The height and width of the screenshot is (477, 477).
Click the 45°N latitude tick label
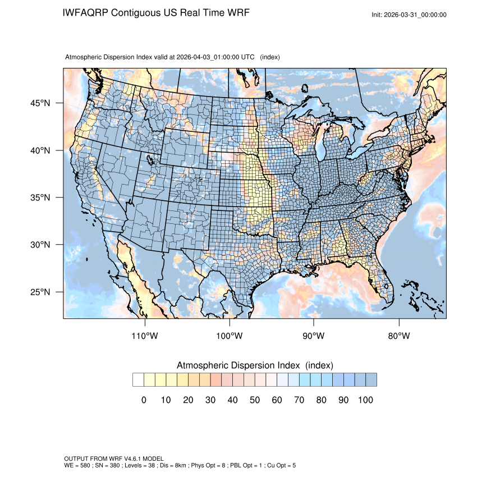point(40,103)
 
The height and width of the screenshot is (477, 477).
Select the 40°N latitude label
point(40,150)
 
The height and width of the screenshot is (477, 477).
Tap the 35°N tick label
point(40,198)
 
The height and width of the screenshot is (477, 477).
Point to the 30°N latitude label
point(40,245)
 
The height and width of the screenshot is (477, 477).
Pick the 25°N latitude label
point(40,292)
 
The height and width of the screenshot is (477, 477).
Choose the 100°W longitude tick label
point(230,336)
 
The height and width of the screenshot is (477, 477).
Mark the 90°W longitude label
point(314,336)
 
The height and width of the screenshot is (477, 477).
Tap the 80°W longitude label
point(398,336)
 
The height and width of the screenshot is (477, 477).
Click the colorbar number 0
point(144,400)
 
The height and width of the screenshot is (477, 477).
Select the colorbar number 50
point(255,400)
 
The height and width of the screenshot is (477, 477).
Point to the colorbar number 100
point(365,400)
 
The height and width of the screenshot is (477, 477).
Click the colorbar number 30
point(210,400)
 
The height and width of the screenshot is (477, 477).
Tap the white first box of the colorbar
point(138,380)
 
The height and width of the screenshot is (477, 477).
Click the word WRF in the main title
point(237,12)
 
